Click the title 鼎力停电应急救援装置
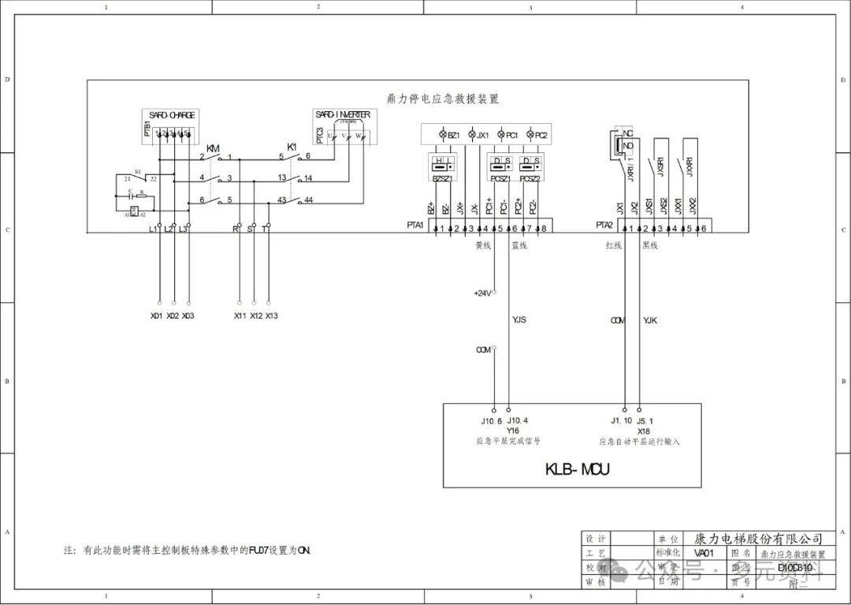(x=443, y=99)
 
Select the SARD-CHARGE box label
(x=171, y=115)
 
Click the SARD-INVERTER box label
(x=342, y=115)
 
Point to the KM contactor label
(x=213, y=148)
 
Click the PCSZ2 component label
(x=530, y=179)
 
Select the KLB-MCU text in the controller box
(x=578, y=470)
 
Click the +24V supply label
(x=482, y=293)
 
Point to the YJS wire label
(x=519, y=320)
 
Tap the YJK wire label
(x=650, y=320)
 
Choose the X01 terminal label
(x=157, y=316)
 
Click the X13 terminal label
(x=271, y=316)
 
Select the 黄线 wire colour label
(x=482, y=245)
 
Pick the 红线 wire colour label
(x=613, y=245)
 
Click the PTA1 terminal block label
(x=415, y=226)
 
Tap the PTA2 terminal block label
(x=604, y=226)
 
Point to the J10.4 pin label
(x=518, y=420)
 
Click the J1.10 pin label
(x=621, y=420)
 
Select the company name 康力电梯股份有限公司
(x=758, y=539)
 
